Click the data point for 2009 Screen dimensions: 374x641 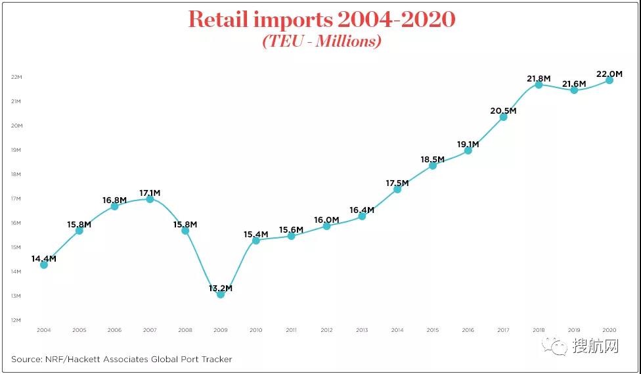[x=221, y=294]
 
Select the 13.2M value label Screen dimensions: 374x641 [x=221, y=288]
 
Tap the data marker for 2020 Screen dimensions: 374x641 [x=609, y=80]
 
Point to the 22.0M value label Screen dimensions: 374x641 [x=609, y=74]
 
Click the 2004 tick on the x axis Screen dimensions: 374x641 [x=43, y=329]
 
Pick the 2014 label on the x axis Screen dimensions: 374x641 [x=397, y=329]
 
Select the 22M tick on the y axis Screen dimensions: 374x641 [x=17, y=77]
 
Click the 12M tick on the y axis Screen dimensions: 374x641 [x=17, y=320]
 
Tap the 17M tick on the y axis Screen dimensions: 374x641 [x=17, y=199]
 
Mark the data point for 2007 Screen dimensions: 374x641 [x=150, y=199]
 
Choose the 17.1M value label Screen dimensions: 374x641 [x=150, y=193]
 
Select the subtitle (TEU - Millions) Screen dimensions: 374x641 [x=321, y=41]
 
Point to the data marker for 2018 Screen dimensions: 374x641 [x=539, y=84]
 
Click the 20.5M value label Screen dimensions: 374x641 [x=503, y=110]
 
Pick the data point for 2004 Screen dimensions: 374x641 [x=43, y=264]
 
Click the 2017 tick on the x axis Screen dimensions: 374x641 [x=503, y=329]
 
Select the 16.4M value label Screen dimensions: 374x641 [x=361, y=210]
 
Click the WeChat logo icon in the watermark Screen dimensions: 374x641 [x=559, y=346]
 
